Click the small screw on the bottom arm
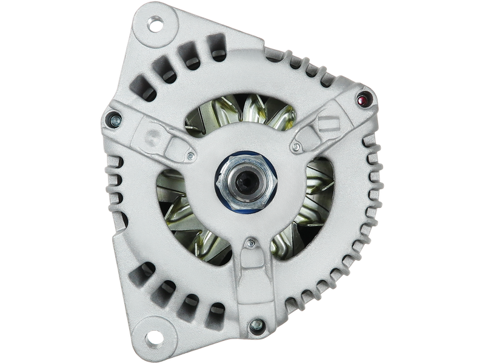pos(249,244)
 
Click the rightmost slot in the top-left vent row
pos(216,48)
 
